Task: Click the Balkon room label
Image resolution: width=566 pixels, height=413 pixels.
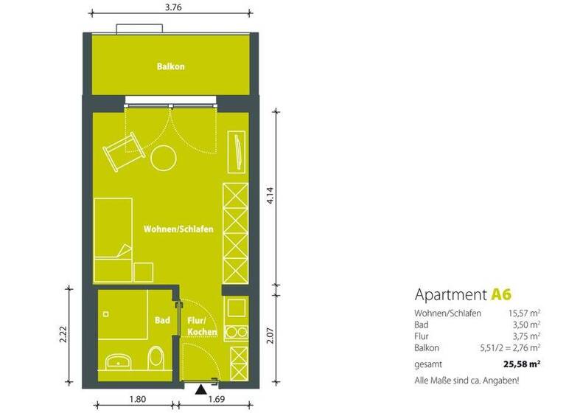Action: pyautogui.click(x=170, y=66)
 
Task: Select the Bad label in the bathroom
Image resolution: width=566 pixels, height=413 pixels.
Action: pyautogui.click(x=162, y=321)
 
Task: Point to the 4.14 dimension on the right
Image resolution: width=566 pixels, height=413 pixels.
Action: pyautogui.click(x=270, y=198)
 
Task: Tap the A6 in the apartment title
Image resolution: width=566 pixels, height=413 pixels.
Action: pyautogui.click(x=500, y=294)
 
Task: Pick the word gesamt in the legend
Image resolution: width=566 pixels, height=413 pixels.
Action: pyautogui.click(x=428, y=364)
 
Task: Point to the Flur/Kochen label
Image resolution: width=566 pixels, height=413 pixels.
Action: pyautogui.click(x=201, y=327)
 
